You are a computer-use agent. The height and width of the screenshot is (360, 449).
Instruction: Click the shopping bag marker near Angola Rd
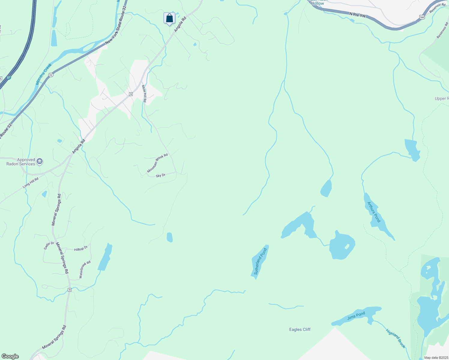[x=169, y=18]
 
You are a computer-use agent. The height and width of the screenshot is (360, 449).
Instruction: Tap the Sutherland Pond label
[x=260, y=261]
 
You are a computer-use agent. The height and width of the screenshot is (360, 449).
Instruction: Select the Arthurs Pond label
[x=374, y=212]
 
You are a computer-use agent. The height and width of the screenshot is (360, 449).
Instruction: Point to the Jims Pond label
[x=356, y=316]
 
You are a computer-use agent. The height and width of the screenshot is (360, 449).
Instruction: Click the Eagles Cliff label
[x=300, y=329]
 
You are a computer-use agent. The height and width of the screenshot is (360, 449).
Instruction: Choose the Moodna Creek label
[x=44, y=74]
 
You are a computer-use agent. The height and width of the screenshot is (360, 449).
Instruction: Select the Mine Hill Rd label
[x=144, y=94]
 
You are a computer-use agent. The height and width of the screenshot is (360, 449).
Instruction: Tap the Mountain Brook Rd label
[x=157, y=163]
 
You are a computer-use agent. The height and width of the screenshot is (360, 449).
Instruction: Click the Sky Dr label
[x=161, y=175]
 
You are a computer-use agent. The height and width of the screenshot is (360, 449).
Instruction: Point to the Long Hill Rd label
[x=31, y=183]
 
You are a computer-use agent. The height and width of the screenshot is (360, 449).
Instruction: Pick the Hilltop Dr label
[x=81, y=249]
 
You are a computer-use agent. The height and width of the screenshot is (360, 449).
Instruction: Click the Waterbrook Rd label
[x=85, y=269]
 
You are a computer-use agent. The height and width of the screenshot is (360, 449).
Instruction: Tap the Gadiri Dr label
[x=49, y=245]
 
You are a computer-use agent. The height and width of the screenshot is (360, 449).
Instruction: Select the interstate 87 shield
[x=9, y=78]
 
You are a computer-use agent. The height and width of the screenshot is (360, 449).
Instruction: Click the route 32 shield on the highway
[x=51, y=75]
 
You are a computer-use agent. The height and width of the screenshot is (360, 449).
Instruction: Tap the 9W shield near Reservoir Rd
[x=422, y=17]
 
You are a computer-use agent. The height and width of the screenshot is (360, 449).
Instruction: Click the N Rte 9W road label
[x=357, y=14]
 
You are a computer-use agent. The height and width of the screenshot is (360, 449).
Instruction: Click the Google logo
[x=10, y=356]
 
